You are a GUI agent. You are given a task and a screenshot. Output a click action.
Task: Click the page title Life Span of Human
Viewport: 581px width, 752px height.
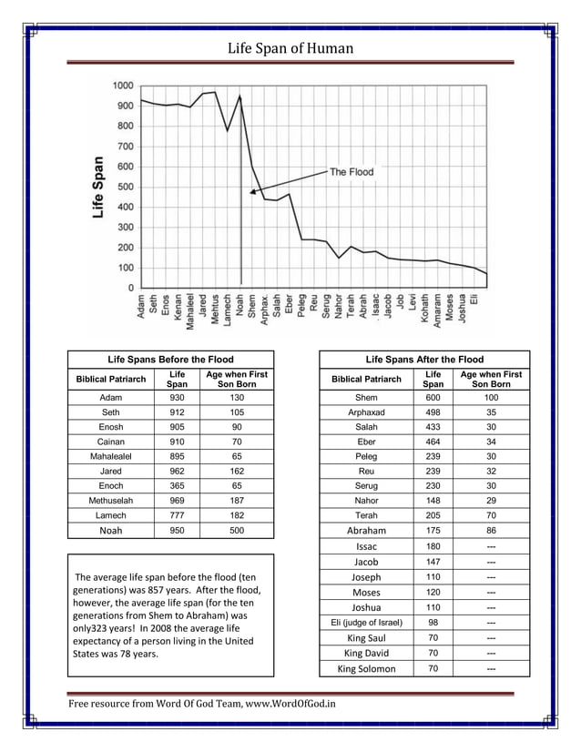click(x=290, y=48)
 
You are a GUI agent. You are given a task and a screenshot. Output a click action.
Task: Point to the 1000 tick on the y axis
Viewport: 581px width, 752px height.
click(x=123, y=86)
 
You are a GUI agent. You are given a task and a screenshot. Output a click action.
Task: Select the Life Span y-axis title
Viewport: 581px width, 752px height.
click(x=97, y=187)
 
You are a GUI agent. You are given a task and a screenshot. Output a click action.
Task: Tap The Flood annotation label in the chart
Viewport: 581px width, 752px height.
click(x=351, y=171)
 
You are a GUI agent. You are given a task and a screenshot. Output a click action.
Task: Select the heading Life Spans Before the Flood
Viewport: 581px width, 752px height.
click(x=170, y=360)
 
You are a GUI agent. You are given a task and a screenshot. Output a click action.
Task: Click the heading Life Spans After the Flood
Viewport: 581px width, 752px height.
click(x=423, y=360)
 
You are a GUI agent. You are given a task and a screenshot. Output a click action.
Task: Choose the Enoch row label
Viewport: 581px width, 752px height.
click(x=110, y=486)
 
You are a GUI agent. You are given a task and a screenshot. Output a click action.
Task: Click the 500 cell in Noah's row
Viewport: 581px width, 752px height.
click(x=237, y=531)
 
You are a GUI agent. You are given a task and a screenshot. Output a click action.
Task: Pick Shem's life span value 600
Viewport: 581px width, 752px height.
click(x=433, y=398)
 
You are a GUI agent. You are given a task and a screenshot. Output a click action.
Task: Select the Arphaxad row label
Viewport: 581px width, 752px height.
click(x=366, y=412)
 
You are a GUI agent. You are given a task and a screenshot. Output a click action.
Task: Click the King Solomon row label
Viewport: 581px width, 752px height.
click(x=366, y=668)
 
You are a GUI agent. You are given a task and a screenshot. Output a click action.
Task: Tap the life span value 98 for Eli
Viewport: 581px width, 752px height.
click(x=433, y=623)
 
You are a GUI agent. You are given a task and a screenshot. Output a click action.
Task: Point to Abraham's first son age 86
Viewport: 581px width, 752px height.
click(x=491, y=531)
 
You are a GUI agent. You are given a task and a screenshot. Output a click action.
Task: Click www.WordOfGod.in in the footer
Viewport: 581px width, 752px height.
click(x=290, y=704)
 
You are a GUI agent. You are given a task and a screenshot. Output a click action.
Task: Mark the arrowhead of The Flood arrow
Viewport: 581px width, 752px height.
click(x=253, y=191)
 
